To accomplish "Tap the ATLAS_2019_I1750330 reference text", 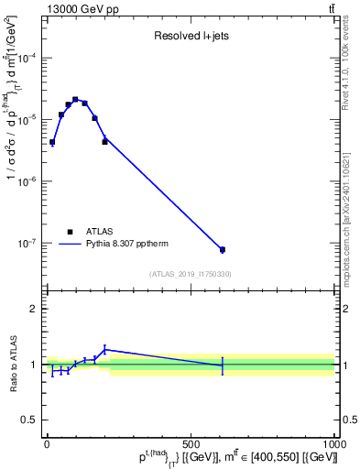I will (191, 274).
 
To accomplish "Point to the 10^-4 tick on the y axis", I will (29, 58).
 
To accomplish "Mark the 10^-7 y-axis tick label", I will (29, 244).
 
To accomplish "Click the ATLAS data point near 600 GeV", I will (223, 249).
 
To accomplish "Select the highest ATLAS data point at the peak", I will (75, 99).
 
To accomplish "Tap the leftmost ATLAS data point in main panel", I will (52, 142).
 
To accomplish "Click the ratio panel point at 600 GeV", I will (223, 365).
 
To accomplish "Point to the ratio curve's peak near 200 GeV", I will (105, 349).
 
